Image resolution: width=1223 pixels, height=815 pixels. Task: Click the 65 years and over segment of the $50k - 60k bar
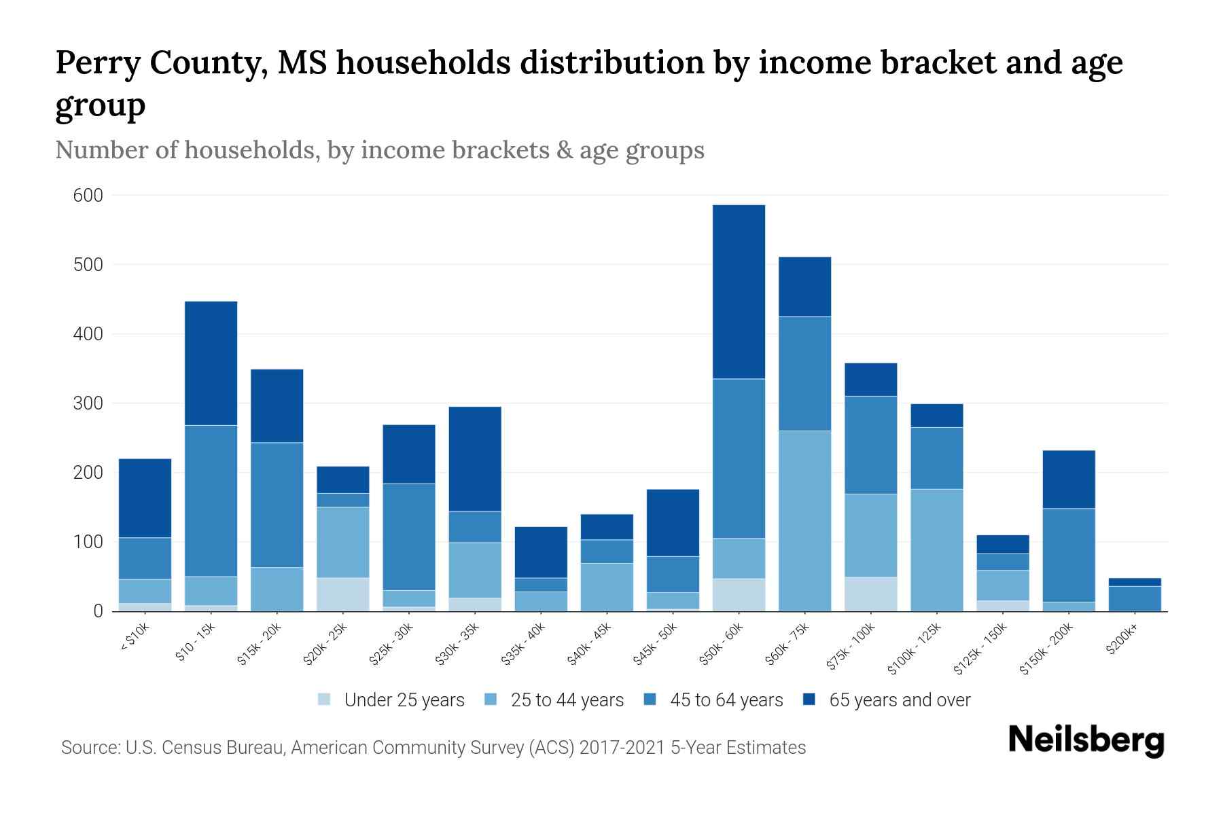coord(739,291)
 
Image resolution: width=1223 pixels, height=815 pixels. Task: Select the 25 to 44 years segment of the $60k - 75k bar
coord(804,521)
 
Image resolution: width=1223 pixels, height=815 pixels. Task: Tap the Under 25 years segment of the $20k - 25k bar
coord(342,594)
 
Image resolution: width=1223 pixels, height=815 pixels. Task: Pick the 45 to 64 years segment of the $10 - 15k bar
coord(211,501)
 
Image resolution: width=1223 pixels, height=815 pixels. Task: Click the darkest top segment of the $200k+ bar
coord(1134,582)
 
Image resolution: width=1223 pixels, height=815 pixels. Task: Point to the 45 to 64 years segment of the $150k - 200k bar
coord(1068,555)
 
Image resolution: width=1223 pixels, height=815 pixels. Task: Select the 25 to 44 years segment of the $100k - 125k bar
coord(936,550)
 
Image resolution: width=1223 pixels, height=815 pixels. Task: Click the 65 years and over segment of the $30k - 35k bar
coord(475,458)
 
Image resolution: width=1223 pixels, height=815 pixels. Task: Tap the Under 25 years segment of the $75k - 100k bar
coord(870,594)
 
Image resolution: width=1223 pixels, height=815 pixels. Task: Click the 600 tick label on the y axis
coord(88,196)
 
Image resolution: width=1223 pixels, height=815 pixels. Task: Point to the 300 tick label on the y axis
coord(88,404)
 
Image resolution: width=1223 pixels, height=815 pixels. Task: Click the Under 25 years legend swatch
coord(324,700)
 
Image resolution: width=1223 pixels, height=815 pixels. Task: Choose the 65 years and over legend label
coord(900,700)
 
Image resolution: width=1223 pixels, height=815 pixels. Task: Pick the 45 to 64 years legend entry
coord(713,700)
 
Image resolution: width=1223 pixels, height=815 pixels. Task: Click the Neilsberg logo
coord(1086,740)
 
